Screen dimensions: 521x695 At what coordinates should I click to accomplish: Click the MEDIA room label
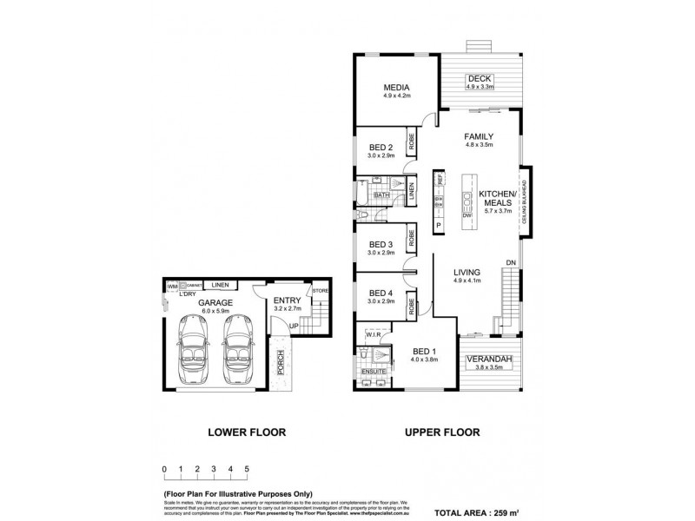click(397, 87)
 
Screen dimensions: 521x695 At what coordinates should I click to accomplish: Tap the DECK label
click(480, 78)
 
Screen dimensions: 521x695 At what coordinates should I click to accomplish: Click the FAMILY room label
click(479, 137)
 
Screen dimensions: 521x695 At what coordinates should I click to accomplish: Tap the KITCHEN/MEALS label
click(499, 196)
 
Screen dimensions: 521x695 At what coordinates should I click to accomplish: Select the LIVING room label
click(468, 272)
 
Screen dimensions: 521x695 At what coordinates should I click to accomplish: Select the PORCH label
click(281, 366)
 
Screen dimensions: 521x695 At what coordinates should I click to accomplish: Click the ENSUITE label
click(374, 372)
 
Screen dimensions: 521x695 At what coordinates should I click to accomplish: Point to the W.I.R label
click(374, 333)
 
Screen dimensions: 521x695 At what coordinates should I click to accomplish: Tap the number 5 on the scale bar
click(247, 469)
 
